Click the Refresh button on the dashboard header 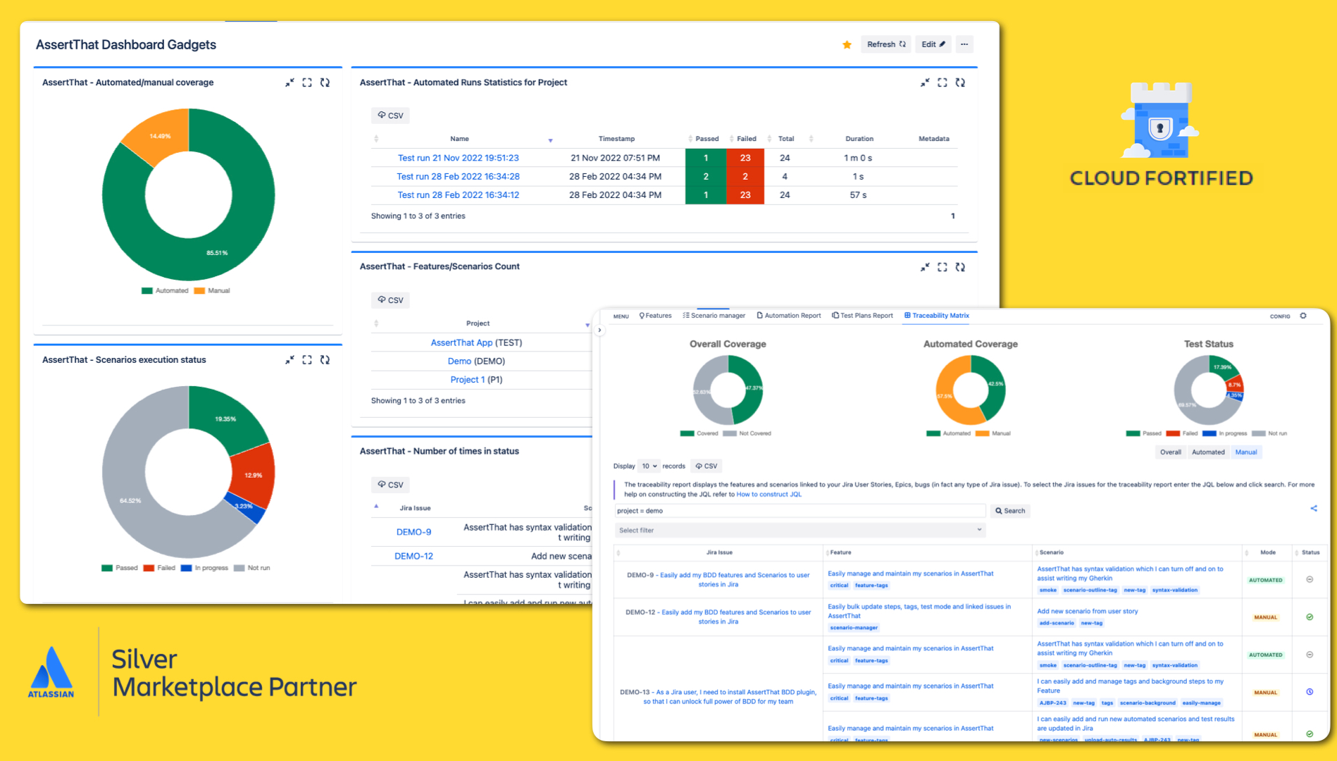(x=885, y=44)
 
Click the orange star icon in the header (x=847, y=45)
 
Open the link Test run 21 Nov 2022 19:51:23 (x=458, y=158)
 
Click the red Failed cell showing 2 (x=745, y=176)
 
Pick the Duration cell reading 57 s (x=858, y=195)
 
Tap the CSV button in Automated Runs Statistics (x=390, y=116)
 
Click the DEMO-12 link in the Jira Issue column (x=413, y=556)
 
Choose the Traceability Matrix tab (x=937, y=316)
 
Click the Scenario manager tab (x=714, y=316)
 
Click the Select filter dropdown (x=800, y=531)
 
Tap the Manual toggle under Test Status (x=1245, y=452)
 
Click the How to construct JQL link (x=769, y=495)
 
